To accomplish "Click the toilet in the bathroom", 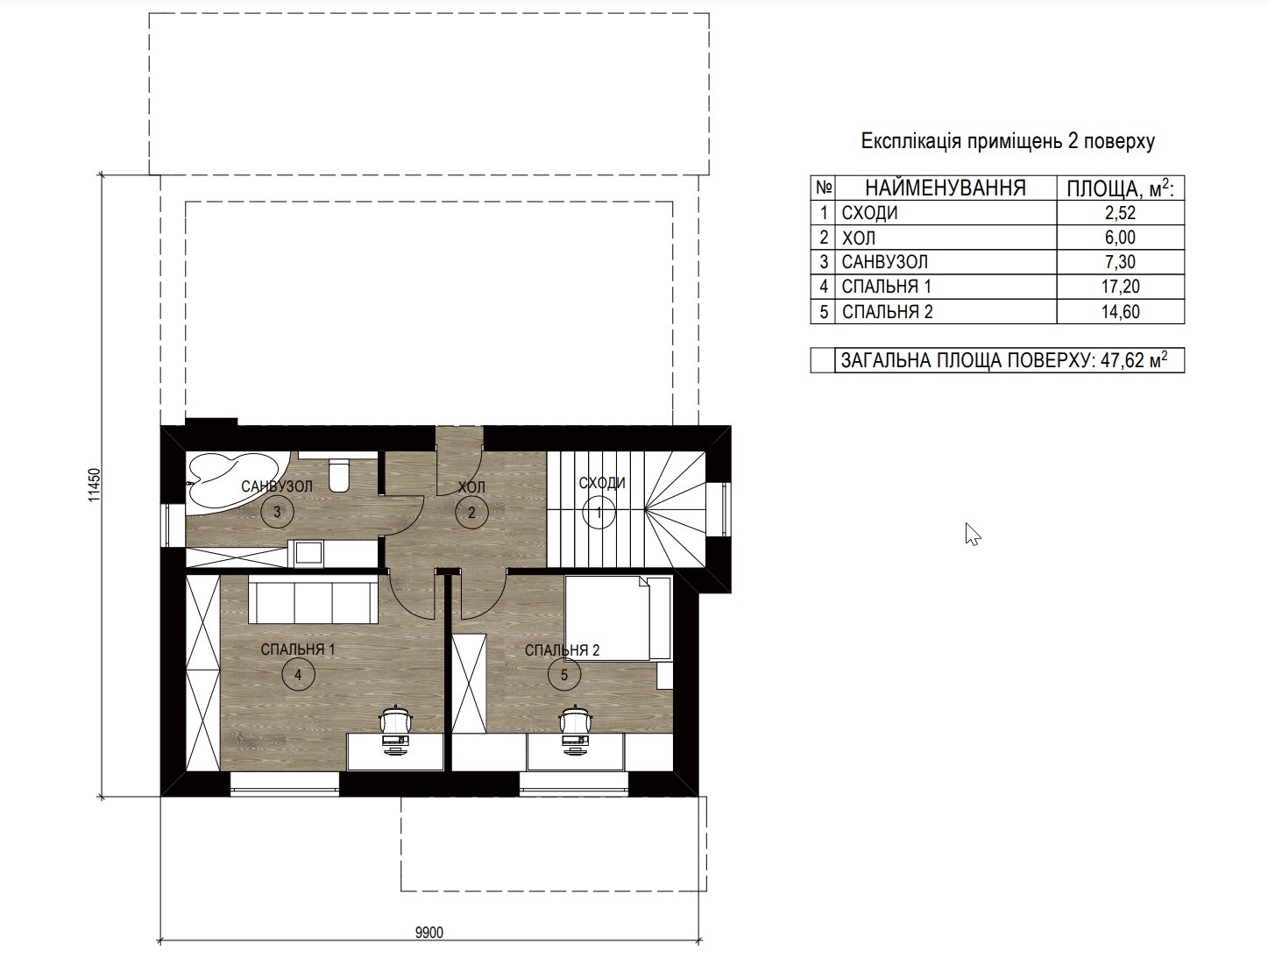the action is click(338, 475).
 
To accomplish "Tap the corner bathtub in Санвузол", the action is click(237, 481).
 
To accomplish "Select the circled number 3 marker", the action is click(277, 511).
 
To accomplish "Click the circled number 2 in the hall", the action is click(471, 512).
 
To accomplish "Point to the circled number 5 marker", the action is click(564, 675).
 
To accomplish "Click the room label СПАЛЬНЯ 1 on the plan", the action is click(298, 649).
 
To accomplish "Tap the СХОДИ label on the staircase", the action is click(602, 482).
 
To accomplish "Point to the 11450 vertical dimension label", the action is click(95, 485).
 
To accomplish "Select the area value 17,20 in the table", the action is click(1120, 287).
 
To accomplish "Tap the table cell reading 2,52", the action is click(1120, 213).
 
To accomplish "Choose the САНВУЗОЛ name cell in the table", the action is click(885, 262).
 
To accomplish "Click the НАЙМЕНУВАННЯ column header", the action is click(946, 188).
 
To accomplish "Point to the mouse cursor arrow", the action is click(973, 535).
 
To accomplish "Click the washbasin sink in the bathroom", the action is click(308, 554).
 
